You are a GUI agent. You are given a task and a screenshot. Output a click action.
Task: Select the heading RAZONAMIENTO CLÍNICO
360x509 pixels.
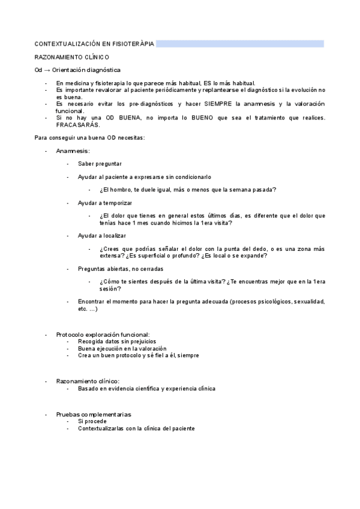click(71, 57)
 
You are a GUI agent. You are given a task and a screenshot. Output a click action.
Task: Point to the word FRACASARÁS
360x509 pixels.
click(76, 124)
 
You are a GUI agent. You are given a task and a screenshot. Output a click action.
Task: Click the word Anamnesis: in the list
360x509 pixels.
click(73, 151)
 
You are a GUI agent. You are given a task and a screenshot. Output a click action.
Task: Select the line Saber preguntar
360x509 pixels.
click(100, 163)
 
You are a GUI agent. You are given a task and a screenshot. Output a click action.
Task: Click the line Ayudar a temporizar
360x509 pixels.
click(105, 203)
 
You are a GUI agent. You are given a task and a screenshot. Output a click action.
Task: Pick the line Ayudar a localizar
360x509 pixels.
click(102, 235)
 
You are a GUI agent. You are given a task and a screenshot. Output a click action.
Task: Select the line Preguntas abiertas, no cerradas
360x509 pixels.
click(121, 268)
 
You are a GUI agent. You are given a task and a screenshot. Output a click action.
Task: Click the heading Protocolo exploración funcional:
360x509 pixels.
click(103, 334)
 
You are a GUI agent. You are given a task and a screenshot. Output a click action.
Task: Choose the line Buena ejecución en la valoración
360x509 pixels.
click(122, 348)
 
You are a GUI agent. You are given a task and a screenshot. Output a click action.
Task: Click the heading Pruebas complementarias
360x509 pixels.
click(94, 415)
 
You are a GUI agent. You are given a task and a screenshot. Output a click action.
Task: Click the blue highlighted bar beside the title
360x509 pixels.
click(240, 44)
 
